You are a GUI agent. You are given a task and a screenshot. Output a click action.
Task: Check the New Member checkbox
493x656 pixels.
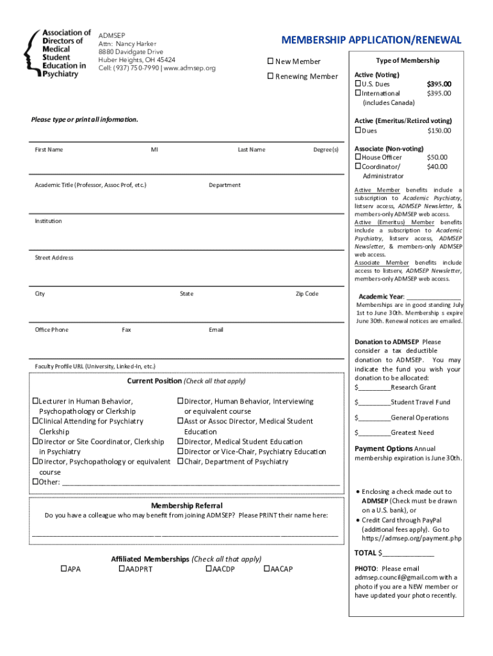[x=270, y=61]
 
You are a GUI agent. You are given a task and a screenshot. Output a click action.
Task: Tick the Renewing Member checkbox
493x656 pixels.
[x=270, y=77]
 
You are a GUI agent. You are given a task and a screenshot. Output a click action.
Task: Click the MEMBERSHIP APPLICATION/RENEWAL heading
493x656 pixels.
[x=371, y=40]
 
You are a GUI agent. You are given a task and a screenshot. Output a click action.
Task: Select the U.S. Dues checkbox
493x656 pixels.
[x=359, y=84]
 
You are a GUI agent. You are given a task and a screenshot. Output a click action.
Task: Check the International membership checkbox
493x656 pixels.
[x=359, y=94]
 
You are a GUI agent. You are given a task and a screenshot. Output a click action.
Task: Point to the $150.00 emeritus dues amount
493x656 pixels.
[x=439, y=131]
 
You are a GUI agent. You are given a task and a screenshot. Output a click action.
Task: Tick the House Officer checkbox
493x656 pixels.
[x=359, y=158]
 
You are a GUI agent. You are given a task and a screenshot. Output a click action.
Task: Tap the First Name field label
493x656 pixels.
[x=49, y=150]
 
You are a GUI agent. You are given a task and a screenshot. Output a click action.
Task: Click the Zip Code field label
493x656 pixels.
[x=307, y=294]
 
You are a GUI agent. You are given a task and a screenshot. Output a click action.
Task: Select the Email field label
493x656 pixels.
[x=216, y=330]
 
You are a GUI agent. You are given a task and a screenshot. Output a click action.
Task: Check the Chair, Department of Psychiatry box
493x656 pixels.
[x=181, y=462]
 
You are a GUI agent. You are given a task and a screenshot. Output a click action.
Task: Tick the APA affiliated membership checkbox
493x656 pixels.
[x=63, y=569]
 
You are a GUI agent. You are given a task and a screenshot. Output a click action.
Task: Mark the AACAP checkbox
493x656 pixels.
[x=267, y=569]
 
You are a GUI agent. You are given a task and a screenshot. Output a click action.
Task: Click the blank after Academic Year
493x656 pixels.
[x=433, y=297]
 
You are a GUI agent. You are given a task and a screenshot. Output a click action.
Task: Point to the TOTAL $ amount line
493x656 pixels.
[x=406, y=553]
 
